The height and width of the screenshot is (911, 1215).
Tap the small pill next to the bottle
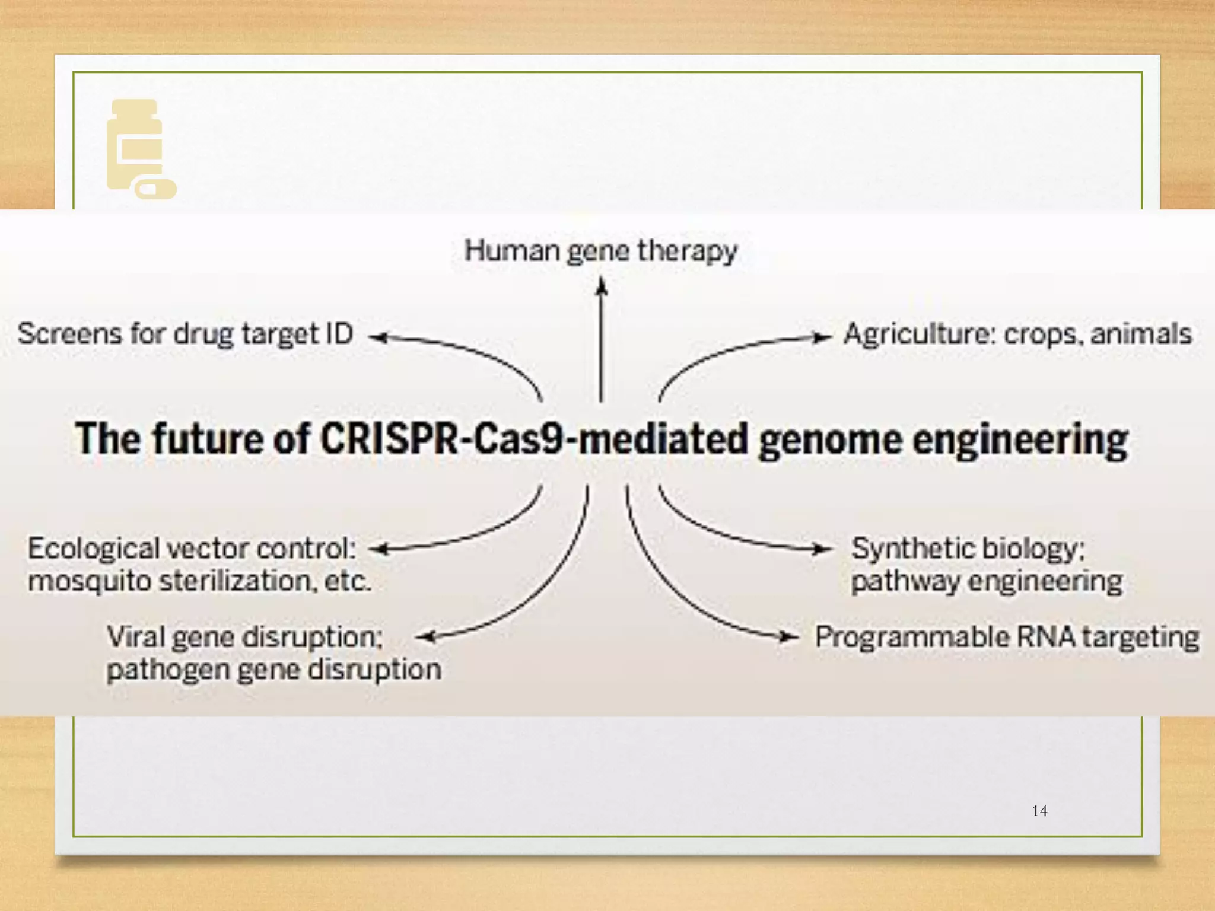(155, 189)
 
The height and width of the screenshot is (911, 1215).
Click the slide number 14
(1039, 811)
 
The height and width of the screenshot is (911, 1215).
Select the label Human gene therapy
(600, 251)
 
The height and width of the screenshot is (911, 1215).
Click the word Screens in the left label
(69, 333)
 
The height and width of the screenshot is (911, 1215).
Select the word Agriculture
(919, 334)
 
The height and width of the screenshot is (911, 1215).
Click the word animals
(1141, 334)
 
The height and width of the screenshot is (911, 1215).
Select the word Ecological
(94, 548)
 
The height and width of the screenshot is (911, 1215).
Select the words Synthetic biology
(967, 548)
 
